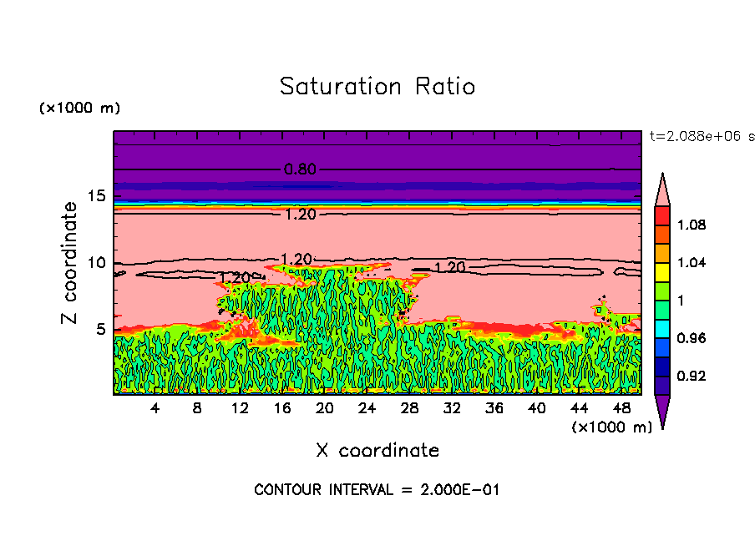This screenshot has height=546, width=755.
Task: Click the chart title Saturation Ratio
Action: tap(377, 87)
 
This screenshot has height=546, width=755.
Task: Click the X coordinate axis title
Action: tap(377, 451)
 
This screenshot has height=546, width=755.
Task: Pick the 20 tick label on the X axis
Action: tap(325, 408)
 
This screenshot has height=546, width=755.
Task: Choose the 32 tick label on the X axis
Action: tap(452, 408)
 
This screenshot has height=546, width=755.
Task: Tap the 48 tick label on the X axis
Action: tap(621, 408)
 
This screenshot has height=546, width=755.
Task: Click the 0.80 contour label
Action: tap(300, 169)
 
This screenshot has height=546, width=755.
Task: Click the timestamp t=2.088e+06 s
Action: tap(701, 136)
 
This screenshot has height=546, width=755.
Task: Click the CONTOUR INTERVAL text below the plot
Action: tap(377, 490)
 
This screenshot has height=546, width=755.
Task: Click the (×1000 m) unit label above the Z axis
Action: tap(79, 109)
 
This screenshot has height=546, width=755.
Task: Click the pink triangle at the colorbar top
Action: tap(661, 189)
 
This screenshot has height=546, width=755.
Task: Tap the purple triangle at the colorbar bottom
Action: tap(661, 412)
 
